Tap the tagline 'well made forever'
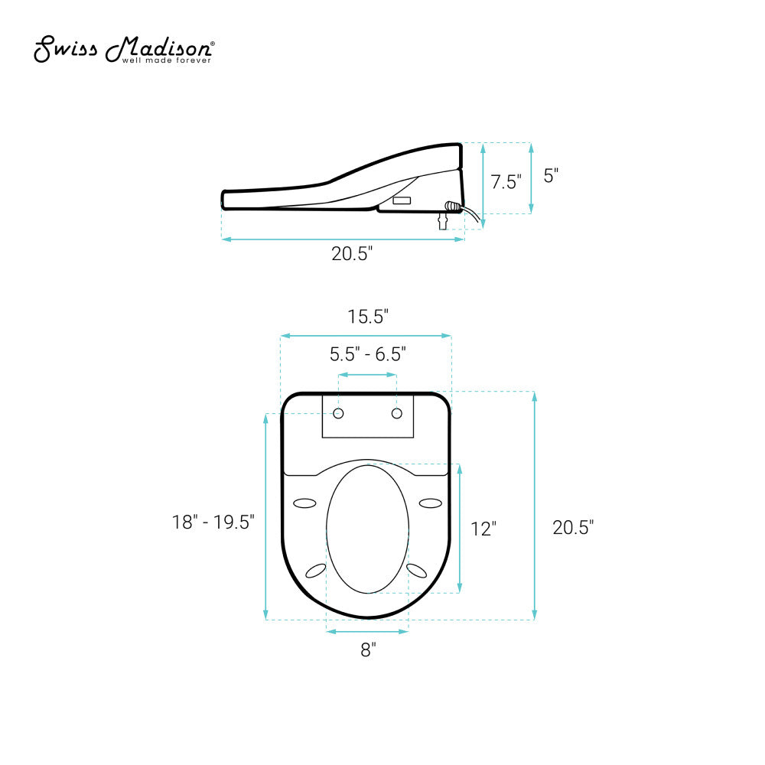tap(168, 60)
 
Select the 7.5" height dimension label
tap(506, 182)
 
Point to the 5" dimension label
tap(551, 175)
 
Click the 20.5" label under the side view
tap(352, 255)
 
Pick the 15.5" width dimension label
tap(367, 317)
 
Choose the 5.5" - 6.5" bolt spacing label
tap(367, 354)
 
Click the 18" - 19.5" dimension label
tap(213, 522)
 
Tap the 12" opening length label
tap(483, 529)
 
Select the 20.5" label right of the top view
tap(573, 527)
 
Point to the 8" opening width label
tap(368, 650)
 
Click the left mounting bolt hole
tap(339, 414)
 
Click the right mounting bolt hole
tap(396, 414)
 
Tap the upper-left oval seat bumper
tap(304, 503)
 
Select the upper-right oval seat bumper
tap(431, 503)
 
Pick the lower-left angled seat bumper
tap(315, 571)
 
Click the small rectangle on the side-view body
tap(402, 200)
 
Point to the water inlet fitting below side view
tap(441, 221)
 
